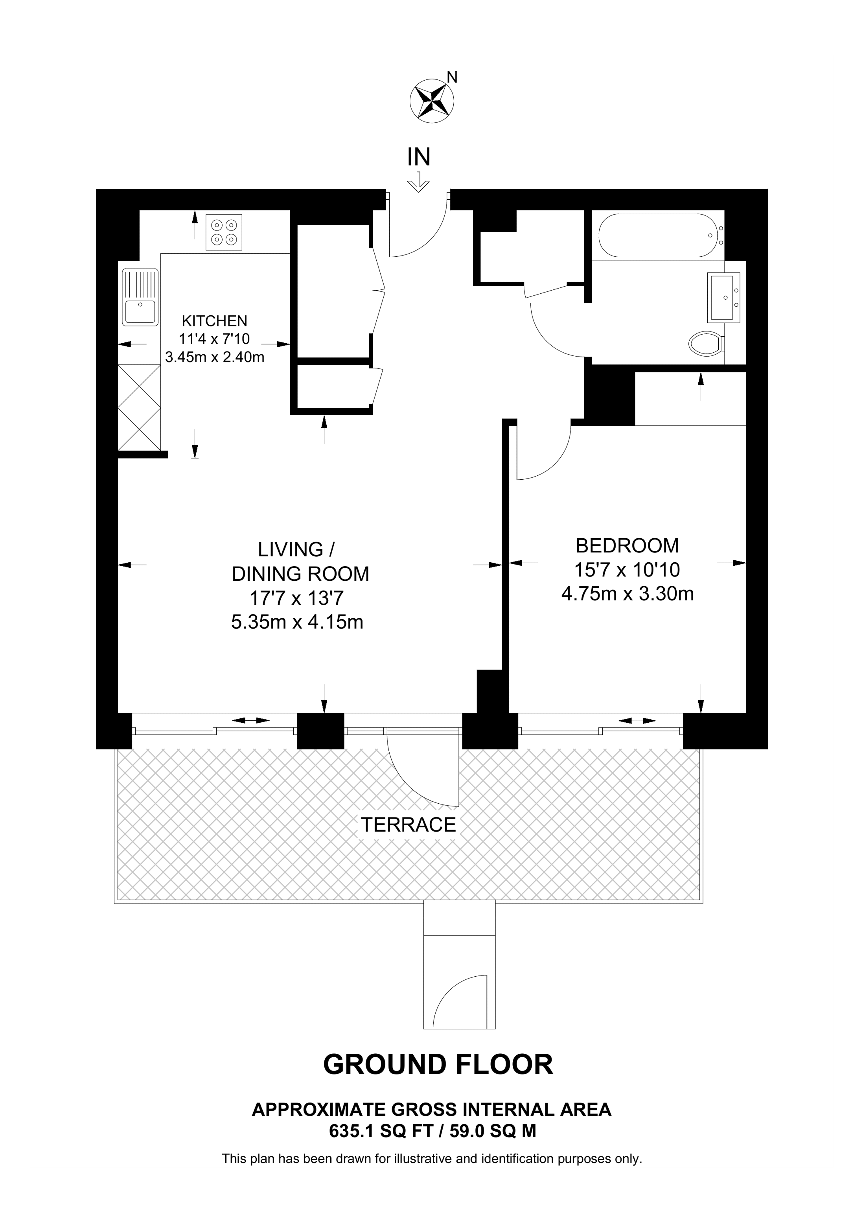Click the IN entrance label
(419, 157)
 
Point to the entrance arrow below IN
(419, 182)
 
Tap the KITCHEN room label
(214, 321)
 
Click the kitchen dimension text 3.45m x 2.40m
(215, 357)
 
